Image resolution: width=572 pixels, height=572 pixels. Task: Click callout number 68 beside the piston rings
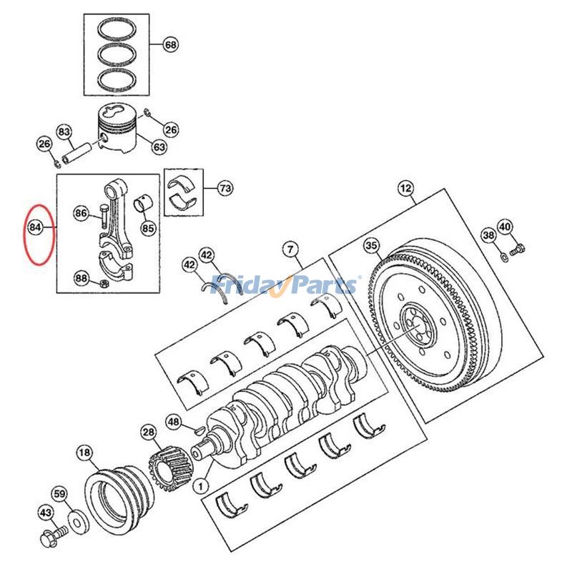coord(170,45)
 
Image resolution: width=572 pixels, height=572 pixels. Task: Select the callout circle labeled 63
coord(159,147)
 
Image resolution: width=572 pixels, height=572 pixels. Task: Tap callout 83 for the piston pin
coord(65,132)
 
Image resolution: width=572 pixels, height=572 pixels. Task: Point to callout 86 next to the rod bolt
coord(82,213)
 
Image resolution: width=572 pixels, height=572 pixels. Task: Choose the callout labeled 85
coord(148,229)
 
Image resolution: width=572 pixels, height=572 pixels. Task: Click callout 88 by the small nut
coord(82,279)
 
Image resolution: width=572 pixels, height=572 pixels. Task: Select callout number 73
coord(225,189)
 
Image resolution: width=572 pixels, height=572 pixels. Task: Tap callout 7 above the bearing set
coord(290,250)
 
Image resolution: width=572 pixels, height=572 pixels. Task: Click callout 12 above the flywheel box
coord(405,189)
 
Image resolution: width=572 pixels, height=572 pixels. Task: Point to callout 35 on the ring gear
coord(371,247)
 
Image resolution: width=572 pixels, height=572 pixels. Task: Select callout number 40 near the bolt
coord(505,227)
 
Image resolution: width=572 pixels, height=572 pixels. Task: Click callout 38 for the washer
coord(488,235)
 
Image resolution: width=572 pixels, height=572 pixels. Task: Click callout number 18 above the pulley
coord(85,453)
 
